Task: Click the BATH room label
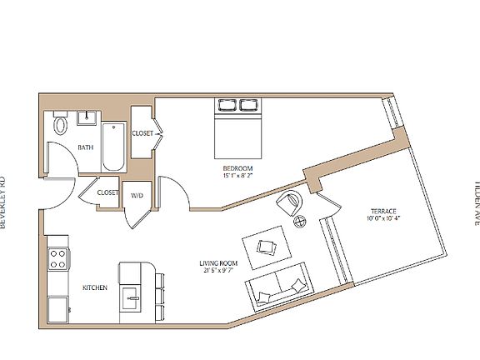(x=85, y=147)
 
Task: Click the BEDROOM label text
(x=237, y=168)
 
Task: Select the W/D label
(x=137, y=194)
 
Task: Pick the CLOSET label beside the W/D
(x=107, y=192)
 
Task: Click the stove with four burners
(x=57, y=258)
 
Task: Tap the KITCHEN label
(x=93, y=287)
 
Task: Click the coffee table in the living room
(x=267, y=246)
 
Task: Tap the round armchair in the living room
(x=291, y=202)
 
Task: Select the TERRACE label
(x=382, y=212)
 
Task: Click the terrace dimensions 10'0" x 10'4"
(x=382, y=219)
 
